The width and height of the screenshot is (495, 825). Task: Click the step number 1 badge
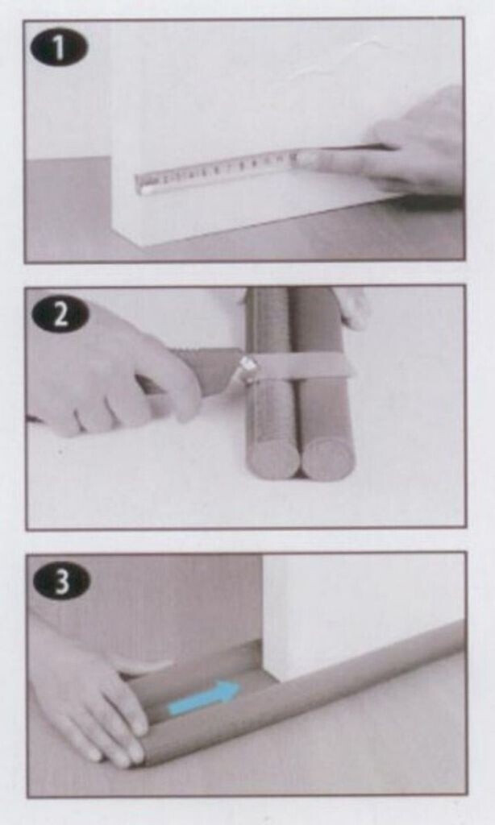60,47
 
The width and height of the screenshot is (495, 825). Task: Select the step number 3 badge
61,582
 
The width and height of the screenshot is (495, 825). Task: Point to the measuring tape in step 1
216,169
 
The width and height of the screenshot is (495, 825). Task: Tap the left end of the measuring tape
137,184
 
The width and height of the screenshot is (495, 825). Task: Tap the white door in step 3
364,616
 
